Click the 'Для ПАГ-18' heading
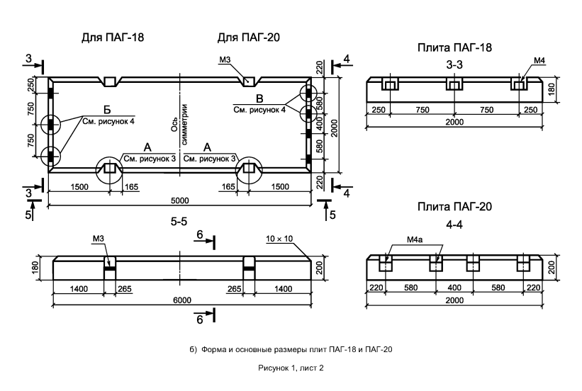pos(113,38)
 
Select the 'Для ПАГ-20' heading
pos(248,38)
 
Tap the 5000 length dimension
pos(179,200)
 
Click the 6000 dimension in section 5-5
pos(182,300)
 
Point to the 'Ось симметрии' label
pos(179,124)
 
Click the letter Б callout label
pos(107,110)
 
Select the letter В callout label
pos(259,98)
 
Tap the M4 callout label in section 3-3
pos(539,60)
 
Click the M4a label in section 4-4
pos(414,239)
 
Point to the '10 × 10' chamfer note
pos(279,239)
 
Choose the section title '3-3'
pos(454,65)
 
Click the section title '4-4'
pos(454,225)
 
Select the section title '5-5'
pos(179,222)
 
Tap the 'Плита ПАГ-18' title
pos(454,47)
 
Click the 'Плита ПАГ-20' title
pos(454,207)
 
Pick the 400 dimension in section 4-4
pos(454,288)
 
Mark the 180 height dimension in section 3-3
pos(552,89)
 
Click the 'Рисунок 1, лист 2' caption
pos(291,368)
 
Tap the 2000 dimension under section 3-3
pos(454,122)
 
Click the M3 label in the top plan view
pos(225,59)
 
